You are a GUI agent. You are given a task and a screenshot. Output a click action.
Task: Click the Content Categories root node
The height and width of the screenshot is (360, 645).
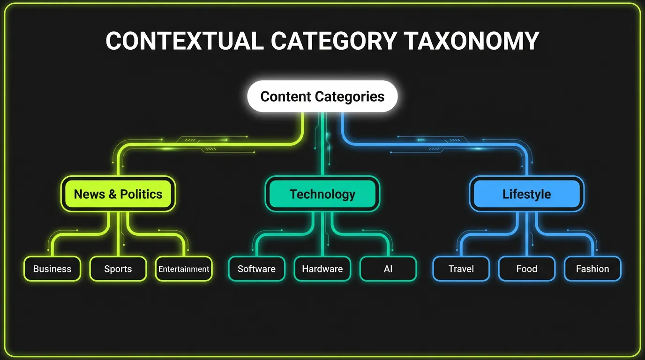click(x=322, y=97)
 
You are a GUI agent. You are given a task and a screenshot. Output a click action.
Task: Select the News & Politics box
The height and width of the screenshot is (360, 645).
click(x=118, y=194)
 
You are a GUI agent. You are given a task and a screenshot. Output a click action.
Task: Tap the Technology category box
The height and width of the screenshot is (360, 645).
click(x=322, y=194)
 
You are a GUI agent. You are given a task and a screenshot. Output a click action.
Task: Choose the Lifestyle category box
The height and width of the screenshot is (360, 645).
click(x=526, y=194)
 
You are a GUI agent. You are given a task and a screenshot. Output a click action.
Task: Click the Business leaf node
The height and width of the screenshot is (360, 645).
click(x=52, y=269)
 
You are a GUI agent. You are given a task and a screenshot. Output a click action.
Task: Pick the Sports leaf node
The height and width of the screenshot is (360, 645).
click(x=118, y=269)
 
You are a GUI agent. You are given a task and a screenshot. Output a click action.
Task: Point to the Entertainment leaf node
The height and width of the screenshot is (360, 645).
click(x=184, y=269)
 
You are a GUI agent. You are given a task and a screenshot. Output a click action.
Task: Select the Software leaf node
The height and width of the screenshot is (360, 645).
click(x=256, y=269)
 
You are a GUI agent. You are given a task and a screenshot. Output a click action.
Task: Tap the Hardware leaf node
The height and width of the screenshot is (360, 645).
click(x=322, y=269)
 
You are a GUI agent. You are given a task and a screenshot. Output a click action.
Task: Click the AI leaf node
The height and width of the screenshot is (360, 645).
click(x=388, y=269)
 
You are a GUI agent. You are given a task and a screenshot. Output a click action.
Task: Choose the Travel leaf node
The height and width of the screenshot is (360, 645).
click(x=461, y=269)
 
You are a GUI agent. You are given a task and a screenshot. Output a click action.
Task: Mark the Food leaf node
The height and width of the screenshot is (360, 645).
click(x=527, y=269)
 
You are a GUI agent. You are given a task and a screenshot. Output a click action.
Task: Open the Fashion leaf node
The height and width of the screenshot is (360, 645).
click(x=592, y=269)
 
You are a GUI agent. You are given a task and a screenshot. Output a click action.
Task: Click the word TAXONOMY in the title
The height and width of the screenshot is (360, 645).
click(x=472, y=41)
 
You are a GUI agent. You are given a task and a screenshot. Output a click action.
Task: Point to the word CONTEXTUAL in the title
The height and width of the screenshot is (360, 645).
click(x=184, y=41)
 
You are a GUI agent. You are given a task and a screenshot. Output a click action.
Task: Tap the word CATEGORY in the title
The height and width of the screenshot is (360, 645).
click(x=334, y=41)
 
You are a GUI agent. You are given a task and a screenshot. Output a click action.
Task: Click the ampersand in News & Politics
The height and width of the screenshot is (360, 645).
click(x=112, y=195)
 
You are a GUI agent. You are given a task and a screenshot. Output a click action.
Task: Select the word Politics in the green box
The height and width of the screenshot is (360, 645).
click(x=141, y=194)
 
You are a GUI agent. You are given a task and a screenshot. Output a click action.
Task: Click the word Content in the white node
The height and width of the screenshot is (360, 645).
click(x=286, y=97)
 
